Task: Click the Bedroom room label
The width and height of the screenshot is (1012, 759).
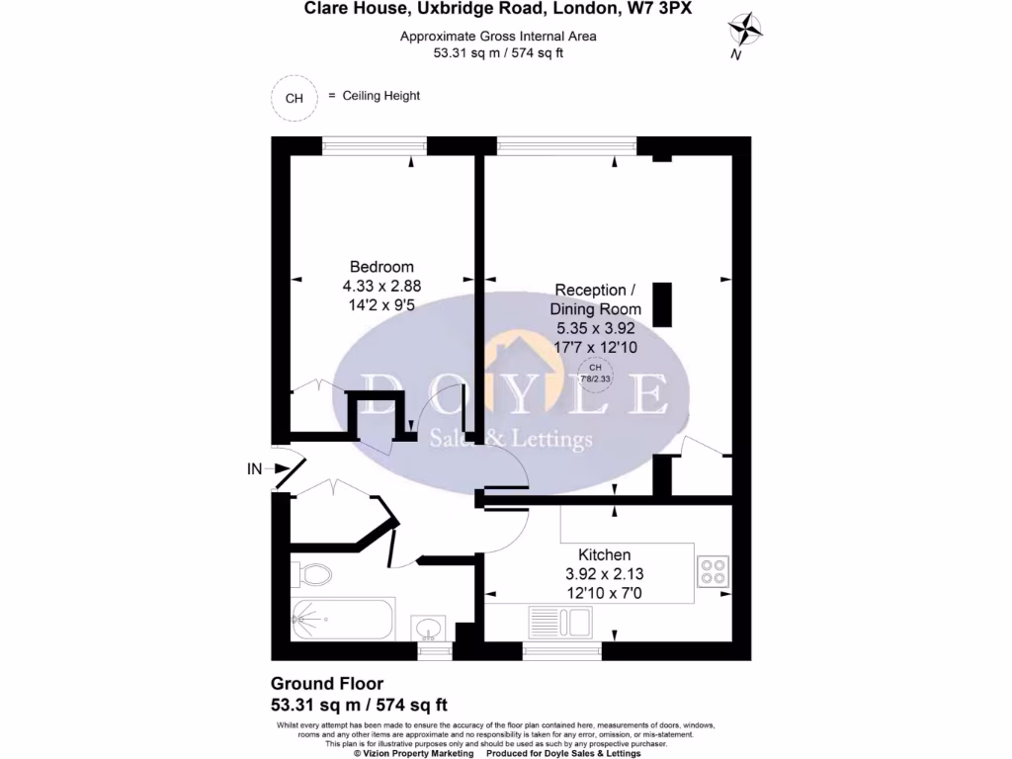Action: tap(381, 267)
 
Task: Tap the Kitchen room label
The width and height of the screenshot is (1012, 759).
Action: tap(597, 554)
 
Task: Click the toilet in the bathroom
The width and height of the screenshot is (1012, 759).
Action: tap(312, 573)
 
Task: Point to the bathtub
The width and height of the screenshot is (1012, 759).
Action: tap(342, 620)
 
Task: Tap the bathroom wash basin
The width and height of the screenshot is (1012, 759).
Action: tap(431, 628)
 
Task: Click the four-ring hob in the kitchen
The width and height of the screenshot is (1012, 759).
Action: tap(713, 571)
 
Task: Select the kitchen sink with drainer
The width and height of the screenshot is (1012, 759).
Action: tap(559, 624)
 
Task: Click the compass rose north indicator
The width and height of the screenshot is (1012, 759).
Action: tap(748, 31)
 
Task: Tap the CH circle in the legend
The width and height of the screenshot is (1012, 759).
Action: tap(294, 98)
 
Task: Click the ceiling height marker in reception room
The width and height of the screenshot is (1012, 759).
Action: tap(594, 373)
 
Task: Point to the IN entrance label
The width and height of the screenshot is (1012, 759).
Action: tap(255, 469)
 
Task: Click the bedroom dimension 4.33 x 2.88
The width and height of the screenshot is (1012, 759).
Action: tap(381, 287)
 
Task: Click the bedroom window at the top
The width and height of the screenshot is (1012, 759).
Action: tap(375, 146)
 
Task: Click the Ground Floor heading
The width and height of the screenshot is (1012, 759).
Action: tap(327, 684)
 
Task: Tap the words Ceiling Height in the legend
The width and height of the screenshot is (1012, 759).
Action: tap(380, 96)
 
